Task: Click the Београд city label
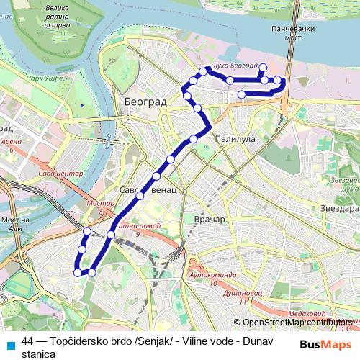pyautogui.click(x=145, y=102)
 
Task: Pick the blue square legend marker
pyautogui.click(x=9, y=343)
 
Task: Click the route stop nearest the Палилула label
pyautogui.click(x=193, y=138)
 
